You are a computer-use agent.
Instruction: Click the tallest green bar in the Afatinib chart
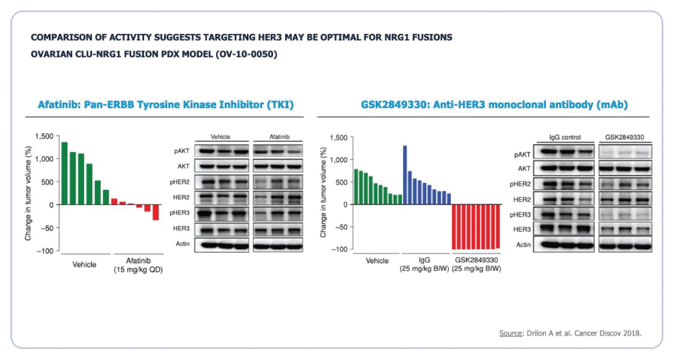64,174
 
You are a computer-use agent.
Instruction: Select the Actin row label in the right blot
523,246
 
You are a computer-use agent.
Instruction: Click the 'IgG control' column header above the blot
564,136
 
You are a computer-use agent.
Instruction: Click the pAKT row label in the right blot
524,155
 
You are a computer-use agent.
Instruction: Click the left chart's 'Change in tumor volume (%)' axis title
29,193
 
